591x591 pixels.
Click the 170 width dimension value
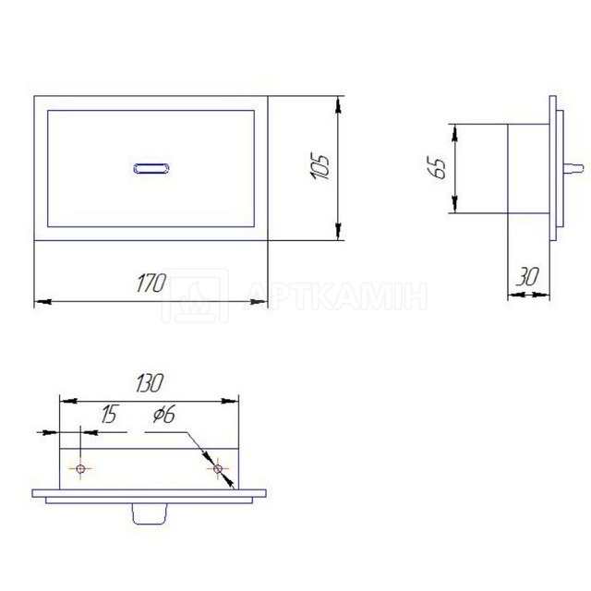tap(151, 283)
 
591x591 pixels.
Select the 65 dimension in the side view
tap(437, 167)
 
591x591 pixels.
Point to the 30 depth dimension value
tap(527, 276)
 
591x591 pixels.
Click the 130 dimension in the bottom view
tap(150, 383)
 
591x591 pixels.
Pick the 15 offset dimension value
tap(110, 414)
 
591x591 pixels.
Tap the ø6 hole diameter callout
tap(164, 415)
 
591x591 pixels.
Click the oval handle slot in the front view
tap(151, 168)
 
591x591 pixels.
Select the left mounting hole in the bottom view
tap(80, 469)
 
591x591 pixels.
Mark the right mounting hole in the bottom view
tap(218, 469)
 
